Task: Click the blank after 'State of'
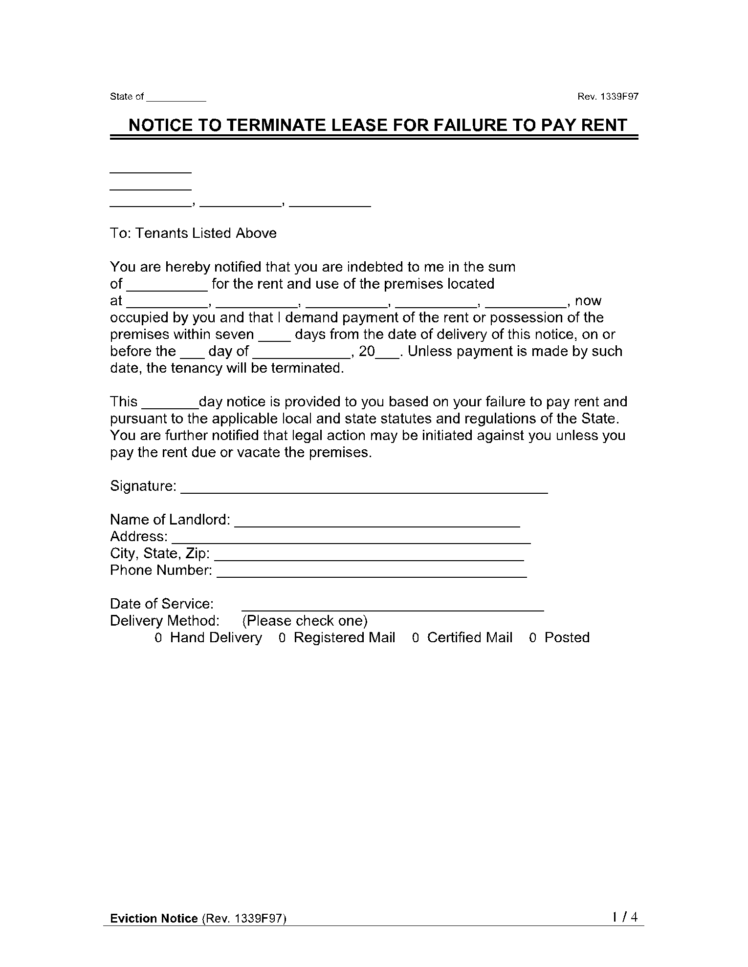click(176, 98)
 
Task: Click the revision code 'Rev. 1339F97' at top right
click(608, 97)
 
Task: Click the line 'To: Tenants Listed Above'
click(193, 233)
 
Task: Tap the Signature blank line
click(364, 488)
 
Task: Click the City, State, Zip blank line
click(369, 555)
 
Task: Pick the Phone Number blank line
click(372, 572)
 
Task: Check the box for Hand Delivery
click(158, 638)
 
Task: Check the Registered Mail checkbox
click(282, 638)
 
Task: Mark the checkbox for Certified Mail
click(416, 638)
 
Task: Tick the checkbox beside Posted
click(533, 638)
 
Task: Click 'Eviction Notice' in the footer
click(154, 919)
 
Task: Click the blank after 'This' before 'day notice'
click(170, 403)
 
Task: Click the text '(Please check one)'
click(305, 621)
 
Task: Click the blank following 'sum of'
click(168, 285)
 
